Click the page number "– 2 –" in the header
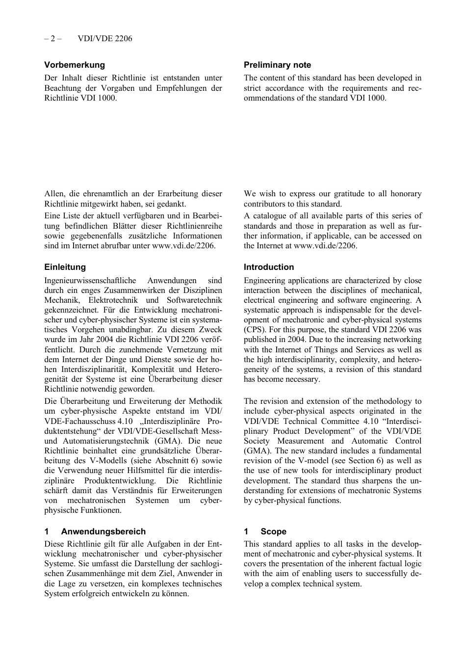click(52, 38)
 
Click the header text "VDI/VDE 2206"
click(104, 38)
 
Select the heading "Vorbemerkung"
click(75, 65)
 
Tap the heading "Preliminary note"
click(277, 65)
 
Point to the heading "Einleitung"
click(65, 267)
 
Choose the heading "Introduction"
click(269, 267)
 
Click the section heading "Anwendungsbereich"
click(103, 531)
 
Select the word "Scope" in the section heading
click(273, 531)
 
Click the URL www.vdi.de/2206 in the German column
click(183, 246)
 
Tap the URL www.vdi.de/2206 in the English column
click(325, 246)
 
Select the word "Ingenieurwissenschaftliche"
click(90, 281)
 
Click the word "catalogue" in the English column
click(269, 215)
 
